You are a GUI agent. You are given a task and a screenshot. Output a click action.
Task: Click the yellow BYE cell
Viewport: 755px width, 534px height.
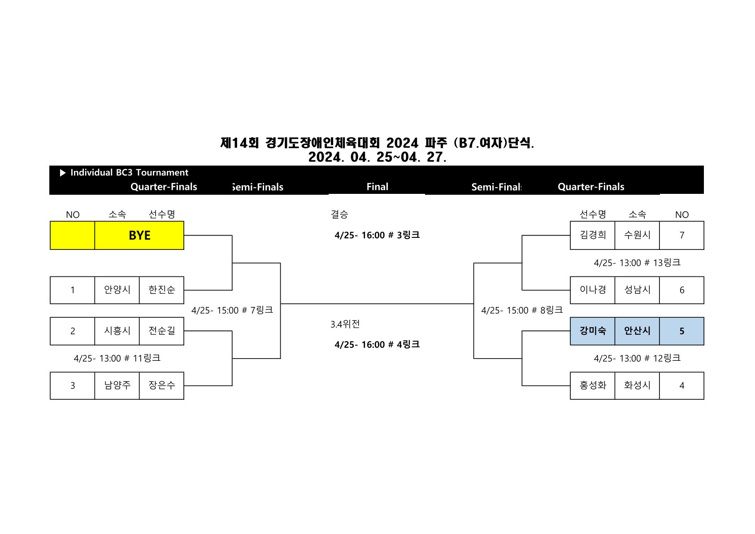(x=139, y=235)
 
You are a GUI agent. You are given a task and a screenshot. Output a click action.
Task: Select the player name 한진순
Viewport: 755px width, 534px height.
(x=161, y=290)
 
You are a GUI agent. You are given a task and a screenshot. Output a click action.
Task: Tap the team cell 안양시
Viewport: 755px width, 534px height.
(x=117, y=290)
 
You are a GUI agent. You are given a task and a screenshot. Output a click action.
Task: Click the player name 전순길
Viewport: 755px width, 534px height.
(x=161, y=331)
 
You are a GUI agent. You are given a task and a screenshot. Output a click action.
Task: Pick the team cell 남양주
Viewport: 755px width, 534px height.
(x=117, y=385)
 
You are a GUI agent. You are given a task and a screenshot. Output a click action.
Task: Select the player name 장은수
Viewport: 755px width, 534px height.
(x=161, y=385)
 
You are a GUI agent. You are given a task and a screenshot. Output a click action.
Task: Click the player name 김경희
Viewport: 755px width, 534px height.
(x=592, y=235)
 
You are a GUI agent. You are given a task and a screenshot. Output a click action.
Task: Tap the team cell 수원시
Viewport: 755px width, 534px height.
(x=637, y=235)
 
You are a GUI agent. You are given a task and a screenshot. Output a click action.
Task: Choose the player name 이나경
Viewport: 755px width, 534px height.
(x=592, y=290)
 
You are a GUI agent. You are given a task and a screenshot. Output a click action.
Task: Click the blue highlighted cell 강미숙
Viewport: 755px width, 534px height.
(x=592, y=331)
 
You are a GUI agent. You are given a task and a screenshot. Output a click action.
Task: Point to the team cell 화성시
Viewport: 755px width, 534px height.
(x=637, y=385)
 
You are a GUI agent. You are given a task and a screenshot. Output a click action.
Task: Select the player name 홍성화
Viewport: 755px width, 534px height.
(x=592, y=385)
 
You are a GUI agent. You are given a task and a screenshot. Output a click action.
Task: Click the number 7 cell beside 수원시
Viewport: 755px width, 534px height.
(x=681, y=235)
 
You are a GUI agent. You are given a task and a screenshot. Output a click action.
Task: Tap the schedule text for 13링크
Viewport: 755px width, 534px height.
(x=637, y=263)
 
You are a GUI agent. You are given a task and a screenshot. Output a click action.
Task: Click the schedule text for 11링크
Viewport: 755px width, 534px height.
(x=117, y=358)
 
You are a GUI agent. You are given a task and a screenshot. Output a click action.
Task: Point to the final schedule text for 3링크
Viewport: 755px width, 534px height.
(x=377, y=235)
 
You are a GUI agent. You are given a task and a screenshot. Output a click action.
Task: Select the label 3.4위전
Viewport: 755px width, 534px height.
(x=345, y=324)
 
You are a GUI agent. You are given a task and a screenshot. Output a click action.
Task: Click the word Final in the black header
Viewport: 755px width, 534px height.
(x=377, y=187)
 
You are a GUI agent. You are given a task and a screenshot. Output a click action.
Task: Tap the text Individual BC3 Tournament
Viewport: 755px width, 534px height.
(x=129, y=172)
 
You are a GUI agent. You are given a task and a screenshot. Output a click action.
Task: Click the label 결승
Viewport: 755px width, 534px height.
(x=339, y=214)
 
